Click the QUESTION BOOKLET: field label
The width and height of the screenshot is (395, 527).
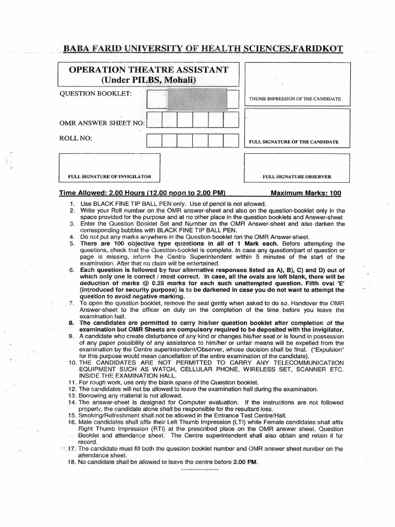tap(96, 93)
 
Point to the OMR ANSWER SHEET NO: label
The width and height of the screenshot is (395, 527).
tap(102, 123)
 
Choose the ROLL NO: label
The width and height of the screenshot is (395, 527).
tap(76, 138)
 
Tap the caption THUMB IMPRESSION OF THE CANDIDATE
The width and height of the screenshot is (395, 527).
tap(295, 98)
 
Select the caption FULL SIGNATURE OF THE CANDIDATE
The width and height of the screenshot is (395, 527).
tap(293, 141)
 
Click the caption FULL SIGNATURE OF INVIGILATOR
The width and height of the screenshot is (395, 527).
tap(110, 177)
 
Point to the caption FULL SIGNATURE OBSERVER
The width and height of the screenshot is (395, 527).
tap(297, 177)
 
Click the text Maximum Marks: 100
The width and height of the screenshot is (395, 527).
tap(306, 194)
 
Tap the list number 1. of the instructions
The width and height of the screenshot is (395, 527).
tap(73, 204)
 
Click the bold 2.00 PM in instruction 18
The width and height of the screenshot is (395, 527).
tap(245, 462)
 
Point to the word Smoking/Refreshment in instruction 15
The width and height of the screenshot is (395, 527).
tap(107, 415)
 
